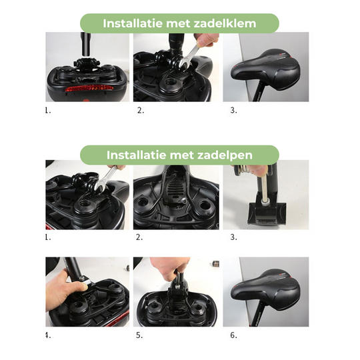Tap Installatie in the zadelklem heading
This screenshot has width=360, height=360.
pos(135,23)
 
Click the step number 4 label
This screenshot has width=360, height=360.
pos(47,335)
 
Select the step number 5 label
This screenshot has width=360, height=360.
pos(140,335)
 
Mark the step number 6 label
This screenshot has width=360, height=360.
pos(233,335)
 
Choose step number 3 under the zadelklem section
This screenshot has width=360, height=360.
pos(233,111)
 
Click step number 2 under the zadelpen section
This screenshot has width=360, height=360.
pos(140,237)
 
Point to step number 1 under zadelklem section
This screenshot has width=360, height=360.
pos(47,111)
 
